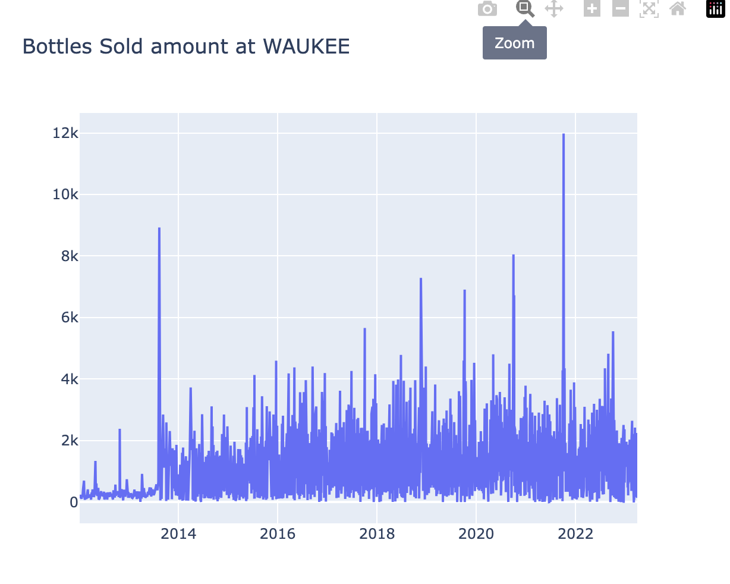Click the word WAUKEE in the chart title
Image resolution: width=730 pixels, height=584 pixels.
click(x=306, y=46)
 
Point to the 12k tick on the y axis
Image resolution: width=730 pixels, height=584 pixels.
click(x=65, y=133)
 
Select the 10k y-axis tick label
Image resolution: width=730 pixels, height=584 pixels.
click(x=65, y=194)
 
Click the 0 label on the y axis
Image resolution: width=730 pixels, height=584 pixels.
click(x=74, y=503)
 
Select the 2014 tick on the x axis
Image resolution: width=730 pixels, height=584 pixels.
click(x=178, y=534)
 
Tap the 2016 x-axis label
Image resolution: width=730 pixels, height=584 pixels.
click(x=278, y=534)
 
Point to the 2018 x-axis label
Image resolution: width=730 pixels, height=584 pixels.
click(x=377, y=534)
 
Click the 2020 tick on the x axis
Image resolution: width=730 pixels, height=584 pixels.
click(x=476, y=534)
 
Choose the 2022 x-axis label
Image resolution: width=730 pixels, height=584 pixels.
click(x=575, y=534)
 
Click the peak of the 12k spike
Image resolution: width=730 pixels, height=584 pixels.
click(x=564, y=134)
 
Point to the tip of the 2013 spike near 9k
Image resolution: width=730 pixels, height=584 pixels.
click(x=159, y=228)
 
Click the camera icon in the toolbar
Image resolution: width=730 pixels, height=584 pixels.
click(x=487, y=9)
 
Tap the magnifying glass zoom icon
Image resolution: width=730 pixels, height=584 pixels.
click(x=525, y=9)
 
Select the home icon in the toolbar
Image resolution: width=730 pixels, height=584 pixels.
click(x=678, y=9)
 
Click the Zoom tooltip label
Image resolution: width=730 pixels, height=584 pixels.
click(x=515, y=43)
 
